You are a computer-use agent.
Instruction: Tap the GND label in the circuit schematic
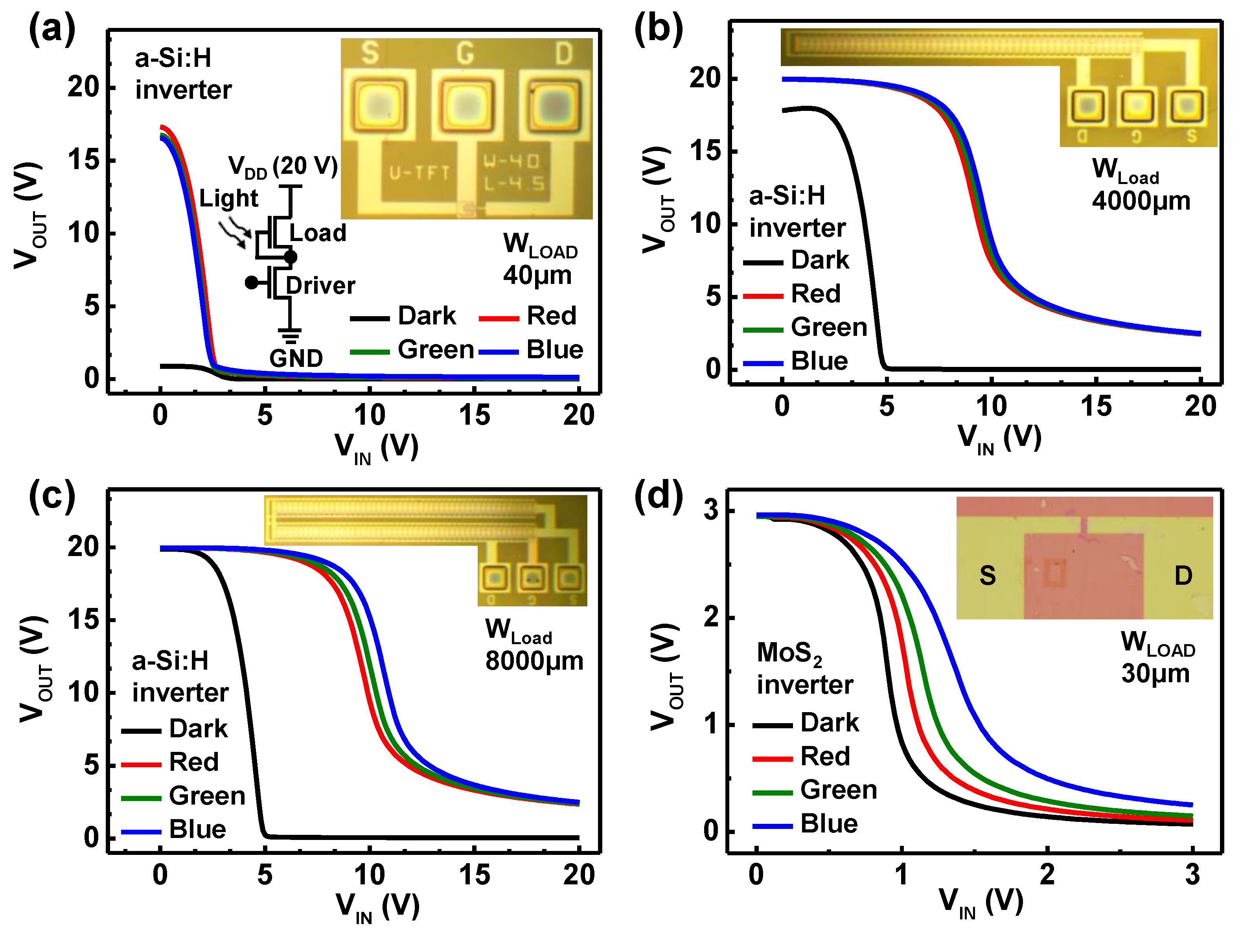pyautogui.click(x=296, y=358)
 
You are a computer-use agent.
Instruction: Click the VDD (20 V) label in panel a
pyautogui.click(x=283, y=166)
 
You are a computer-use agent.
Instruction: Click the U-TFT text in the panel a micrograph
pyautogui.click(x=419, y=173)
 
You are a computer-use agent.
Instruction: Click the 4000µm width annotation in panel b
pyautogui.click(x=1141, y=201)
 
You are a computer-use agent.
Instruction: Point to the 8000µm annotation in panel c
pyautogui.click(x=534, y=661)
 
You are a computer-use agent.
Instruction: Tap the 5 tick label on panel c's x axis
pyautogui.click(x=265, y=875)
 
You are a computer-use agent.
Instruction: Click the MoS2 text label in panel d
pyautogui.click(x=789, y=653)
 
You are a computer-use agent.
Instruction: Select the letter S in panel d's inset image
pyautogui.click(x=987, y=576)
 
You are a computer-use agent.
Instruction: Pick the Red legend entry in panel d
pyautogui.click(x=824, y=757)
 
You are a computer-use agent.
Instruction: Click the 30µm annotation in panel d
pyautogui.click(x=1155, y=673)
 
